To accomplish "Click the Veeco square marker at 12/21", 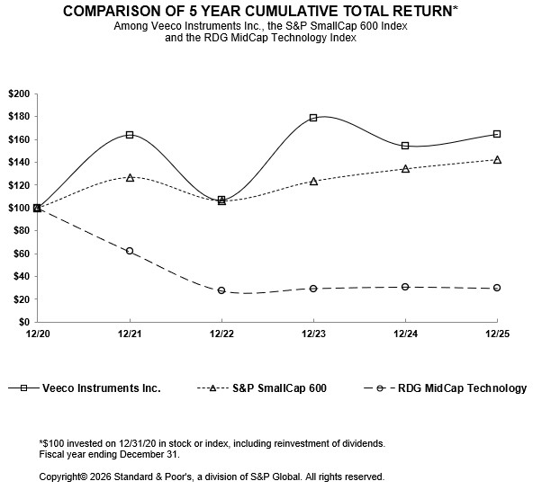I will (x=130, y=135).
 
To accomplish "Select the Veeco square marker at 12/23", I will (x=313, y=118).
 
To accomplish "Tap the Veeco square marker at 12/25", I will (x=497, y=134).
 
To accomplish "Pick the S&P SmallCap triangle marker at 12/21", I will (x=130, y=178).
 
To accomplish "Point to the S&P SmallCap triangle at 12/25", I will (x=497, y=159).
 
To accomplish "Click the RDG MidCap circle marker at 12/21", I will (x=130, y=251).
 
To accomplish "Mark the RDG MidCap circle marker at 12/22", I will (x=221, y=290).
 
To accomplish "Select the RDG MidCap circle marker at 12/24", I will (x=405, y=287).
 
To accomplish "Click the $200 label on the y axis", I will (x=18, y=94).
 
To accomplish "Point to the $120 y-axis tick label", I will (x=18, y=185).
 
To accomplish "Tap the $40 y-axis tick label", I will (x=21, y=277).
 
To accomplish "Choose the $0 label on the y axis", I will (x=23, y=322).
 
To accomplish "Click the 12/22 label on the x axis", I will (x=221, y=333).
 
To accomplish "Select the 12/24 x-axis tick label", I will (x=405, y=333).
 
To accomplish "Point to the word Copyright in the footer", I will (x=66, y=477).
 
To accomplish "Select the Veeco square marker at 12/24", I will (x=405, y=146).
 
